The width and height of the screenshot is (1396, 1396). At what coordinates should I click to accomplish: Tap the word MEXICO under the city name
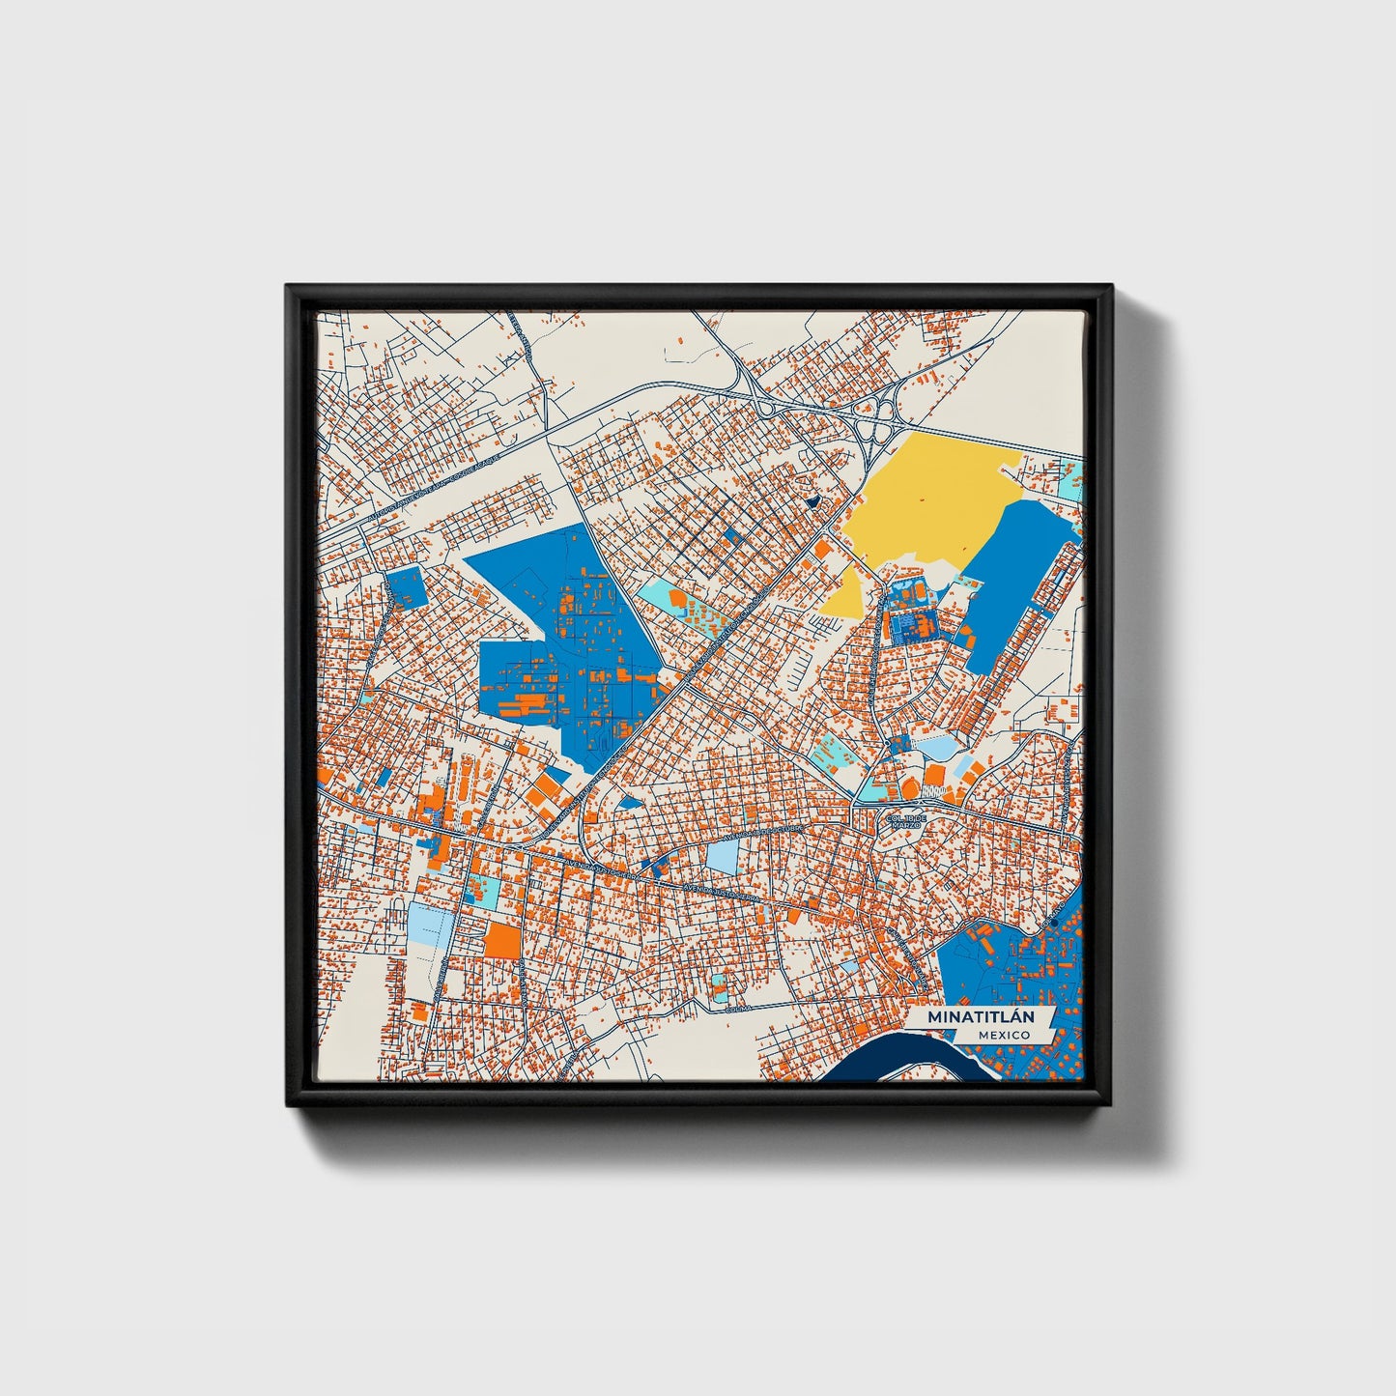pos(1003,1035)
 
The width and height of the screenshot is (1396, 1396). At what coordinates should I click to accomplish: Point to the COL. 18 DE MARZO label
pos(906,822)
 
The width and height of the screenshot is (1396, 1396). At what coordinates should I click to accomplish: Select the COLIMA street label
pos(738,1010)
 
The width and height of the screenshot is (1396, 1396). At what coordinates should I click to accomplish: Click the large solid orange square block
pos(501,939)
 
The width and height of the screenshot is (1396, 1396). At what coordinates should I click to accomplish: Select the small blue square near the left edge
pos(406,587)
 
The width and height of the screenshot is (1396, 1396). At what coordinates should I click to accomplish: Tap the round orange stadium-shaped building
pos(934,776)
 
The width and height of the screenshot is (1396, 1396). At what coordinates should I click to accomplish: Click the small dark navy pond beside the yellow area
pos(812,501)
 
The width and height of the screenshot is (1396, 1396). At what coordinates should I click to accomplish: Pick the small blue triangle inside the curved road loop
pos(630,802)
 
